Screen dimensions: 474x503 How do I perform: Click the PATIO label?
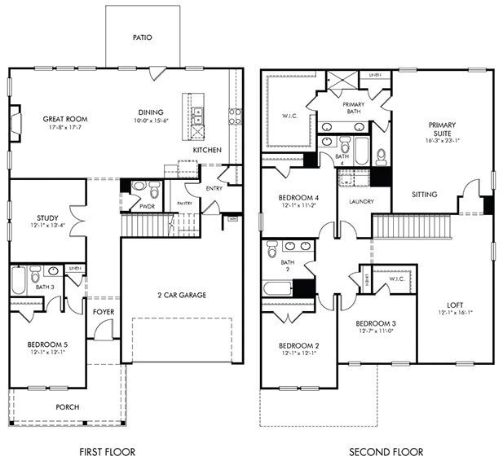pos(143,37)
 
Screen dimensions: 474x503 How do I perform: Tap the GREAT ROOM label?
pos(65,119)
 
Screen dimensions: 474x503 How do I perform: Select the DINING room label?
pos(150,112)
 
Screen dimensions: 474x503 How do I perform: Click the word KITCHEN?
pos(206,151)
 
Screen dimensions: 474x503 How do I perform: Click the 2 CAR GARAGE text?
pos(182,295)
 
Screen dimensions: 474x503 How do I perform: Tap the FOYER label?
pos(103,309)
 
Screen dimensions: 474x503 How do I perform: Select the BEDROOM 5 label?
pos(46,345)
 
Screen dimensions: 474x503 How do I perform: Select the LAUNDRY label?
pos(360,201)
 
